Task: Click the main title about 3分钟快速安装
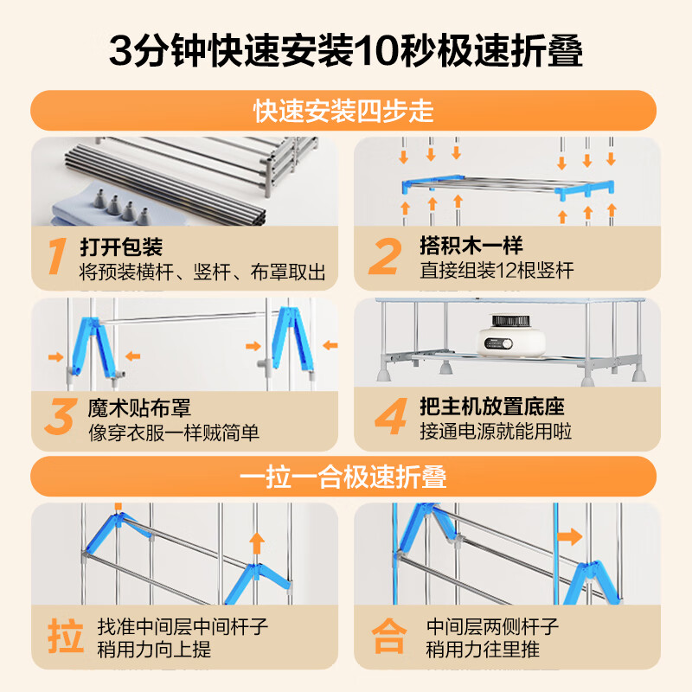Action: click(346, 50)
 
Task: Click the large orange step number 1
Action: click(56, 257)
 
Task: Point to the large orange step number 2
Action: click(385, 257)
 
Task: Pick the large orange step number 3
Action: click(58, 417)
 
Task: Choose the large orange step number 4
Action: click(389, 417)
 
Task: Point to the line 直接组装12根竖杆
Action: click(497, 272)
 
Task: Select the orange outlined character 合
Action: click(389, 638)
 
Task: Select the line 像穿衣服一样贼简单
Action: click(174, 432)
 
